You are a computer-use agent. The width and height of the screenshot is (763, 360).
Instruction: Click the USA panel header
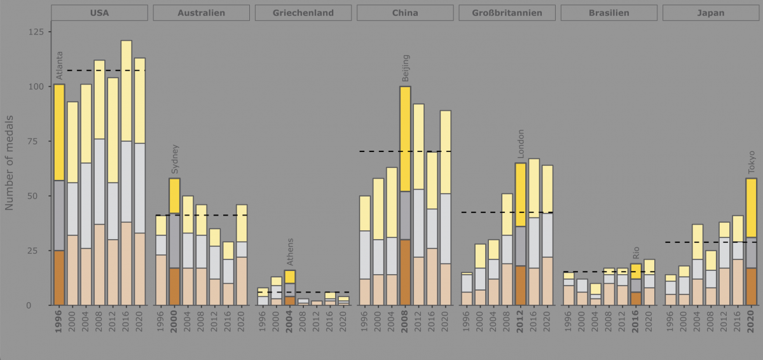[x=99, y=13]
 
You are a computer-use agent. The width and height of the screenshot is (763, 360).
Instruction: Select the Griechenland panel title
[x=303, y=13]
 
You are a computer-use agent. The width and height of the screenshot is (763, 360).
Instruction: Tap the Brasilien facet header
[x=608, y=13]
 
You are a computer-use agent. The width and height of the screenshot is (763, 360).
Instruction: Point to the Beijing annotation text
[x=405, y=68]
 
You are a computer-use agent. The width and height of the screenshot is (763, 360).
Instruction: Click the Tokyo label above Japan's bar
[x=751, y=162]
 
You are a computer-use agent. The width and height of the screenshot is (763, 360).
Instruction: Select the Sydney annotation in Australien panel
[x=175, y=160]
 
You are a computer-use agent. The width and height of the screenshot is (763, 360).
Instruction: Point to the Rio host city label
[x=636, y=253]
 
